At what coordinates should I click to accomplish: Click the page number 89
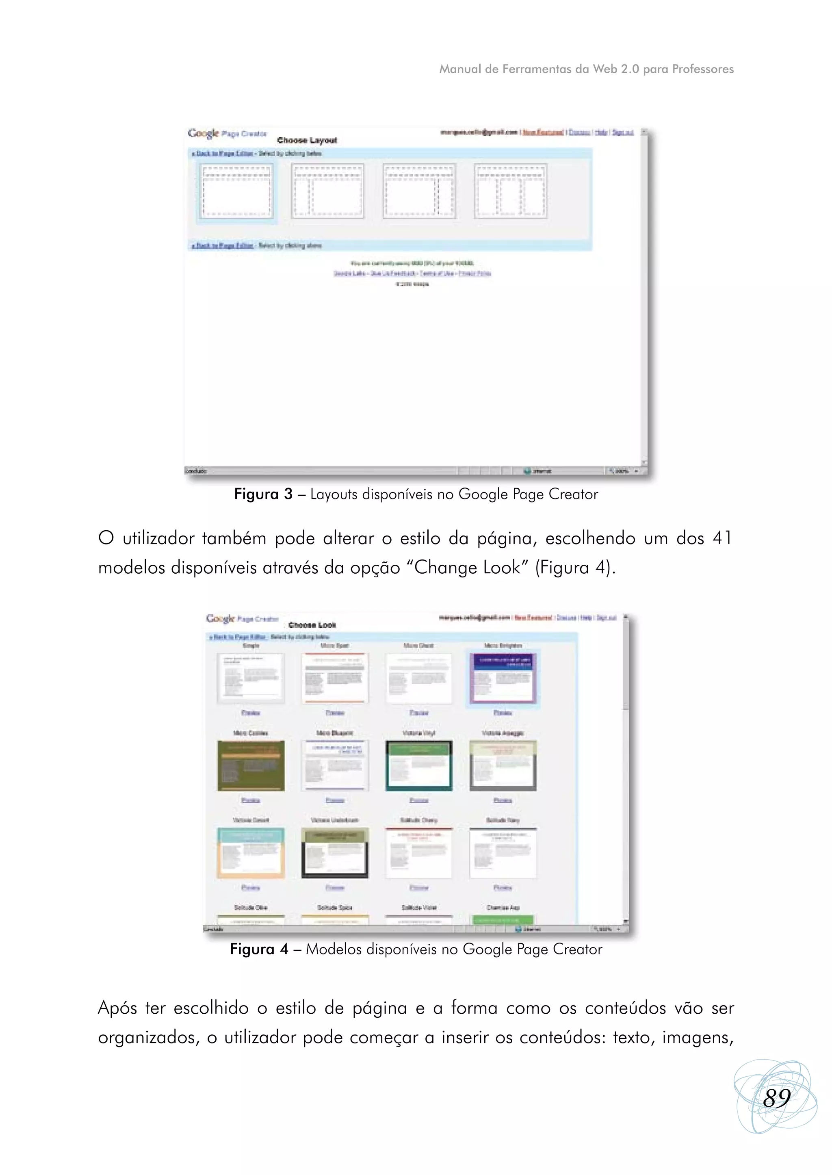click(777, 1098)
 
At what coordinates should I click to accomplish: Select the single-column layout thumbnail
click(236, 191)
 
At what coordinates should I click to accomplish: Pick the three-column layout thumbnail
click(510, 191)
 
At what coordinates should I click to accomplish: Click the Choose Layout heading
click(307, 141)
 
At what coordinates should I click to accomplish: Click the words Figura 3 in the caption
click(263, 494)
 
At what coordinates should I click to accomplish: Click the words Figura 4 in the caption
click(259, 949)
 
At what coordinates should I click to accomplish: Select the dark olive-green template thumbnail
click(251, 765)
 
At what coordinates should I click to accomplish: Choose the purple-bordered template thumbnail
click(503, 677)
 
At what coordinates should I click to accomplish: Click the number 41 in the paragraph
click(722, 538)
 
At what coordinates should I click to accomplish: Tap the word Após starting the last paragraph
click(117, 1008)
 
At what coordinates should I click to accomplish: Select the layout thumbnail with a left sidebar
click(327, 191)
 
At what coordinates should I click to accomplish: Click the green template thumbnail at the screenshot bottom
click(503, 920)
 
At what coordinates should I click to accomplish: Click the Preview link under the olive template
click(251, 800)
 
